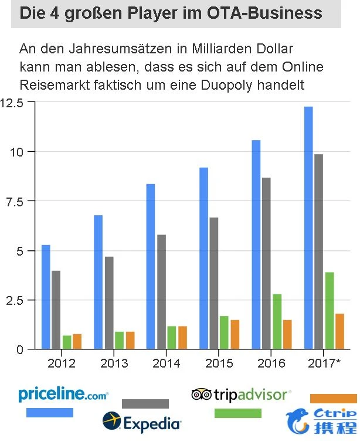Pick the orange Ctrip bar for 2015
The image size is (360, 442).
coord(235,334)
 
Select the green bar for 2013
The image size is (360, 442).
coord(120,340)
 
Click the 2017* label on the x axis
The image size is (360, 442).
coord(324,364)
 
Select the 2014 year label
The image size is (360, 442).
coord(166,364)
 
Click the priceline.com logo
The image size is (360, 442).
coord(63,395)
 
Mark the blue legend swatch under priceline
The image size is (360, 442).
coord(50,413)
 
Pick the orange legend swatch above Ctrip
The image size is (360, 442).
coord(333,399)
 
